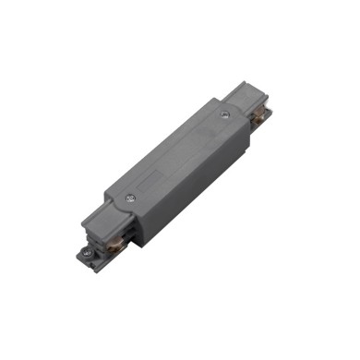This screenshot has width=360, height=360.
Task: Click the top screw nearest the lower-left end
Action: tap(130, 197)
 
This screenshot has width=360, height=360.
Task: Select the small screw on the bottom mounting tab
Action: tap(86, 250)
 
